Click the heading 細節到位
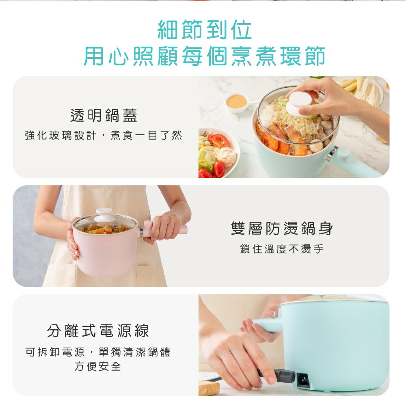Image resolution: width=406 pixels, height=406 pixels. point(204,30)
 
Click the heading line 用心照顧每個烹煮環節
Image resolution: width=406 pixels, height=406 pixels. point(204,56)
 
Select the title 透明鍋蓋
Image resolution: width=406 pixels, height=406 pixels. point(104,116)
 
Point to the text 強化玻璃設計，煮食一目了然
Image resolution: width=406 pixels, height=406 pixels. point(104,136)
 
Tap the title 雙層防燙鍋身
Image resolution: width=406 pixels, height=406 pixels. point(282,229)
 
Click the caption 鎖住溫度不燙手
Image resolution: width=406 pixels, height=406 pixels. point(282,249)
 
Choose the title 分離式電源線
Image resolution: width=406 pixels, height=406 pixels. point(98,330)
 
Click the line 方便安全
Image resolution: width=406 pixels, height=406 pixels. point(98,366)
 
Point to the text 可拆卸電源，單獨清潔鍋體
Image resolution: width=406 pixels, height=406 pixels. point(98,352)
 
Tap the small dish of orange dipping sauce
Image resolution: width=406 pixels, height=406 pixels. point(237,101)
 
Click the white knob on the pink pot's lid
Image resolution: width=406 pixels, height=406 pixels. point(104,214)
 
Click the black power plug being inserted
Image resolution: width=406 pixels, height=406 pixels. point(284,376)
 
